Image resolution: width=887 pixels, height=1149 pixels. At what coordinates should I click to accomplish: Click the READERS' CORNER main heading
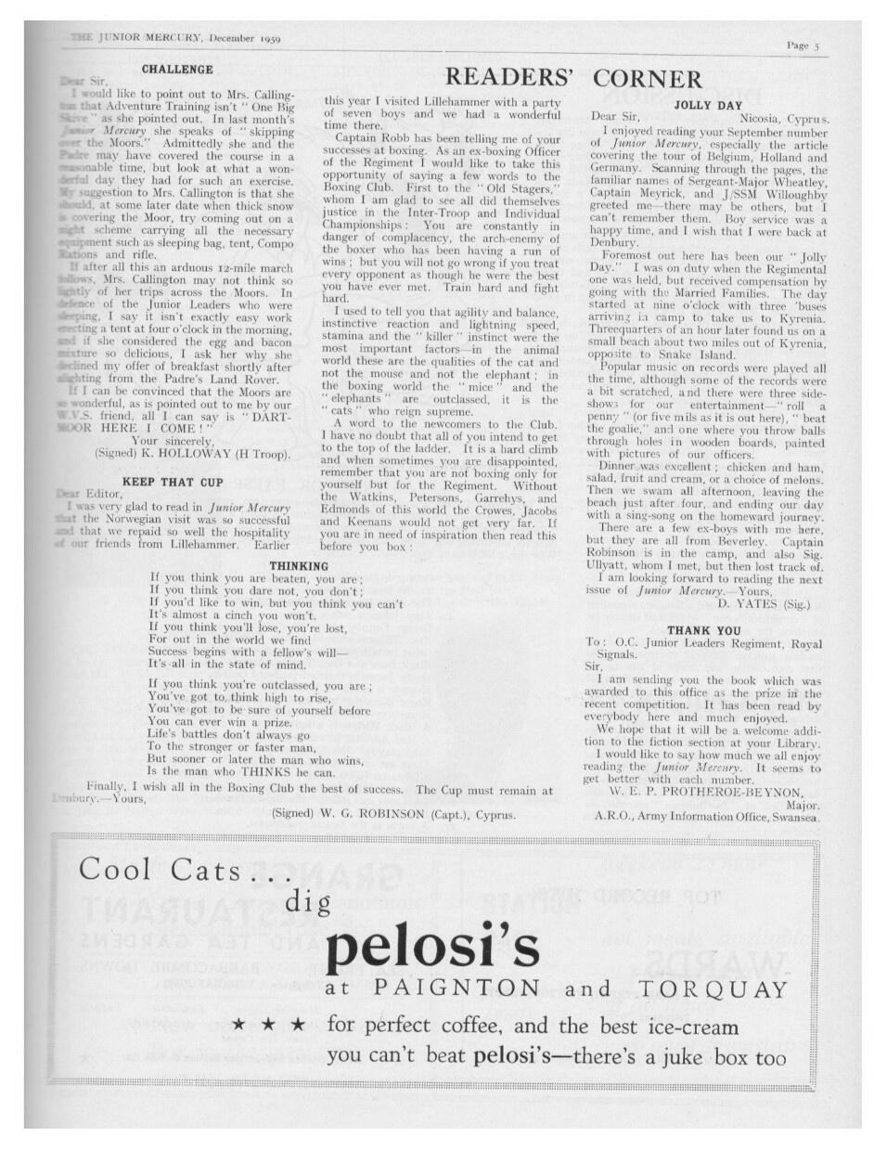(x=574, y=78)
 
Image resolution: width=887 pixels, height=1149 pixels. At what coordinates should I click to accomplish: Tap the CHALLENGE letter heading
(x=177, y=69)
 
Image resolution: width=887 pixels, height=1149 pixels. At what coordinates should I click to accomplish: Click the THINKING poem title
(x=299, y=566)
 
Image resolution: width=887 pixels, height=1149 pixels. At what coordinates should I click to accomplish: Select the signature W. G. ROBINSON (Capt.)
(x=393, y=813)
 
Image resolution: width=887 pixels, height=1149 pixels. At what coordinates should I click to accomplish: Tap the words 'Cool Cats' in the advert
(x=159, y=870)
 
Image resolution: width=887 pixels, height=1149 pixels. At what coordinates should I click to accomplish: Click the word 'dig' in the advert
(x=307, y=900)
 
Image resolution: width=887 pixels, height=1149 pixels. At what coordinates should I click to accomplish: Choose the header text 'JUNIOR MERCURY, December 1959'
(x=176, y=38)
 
